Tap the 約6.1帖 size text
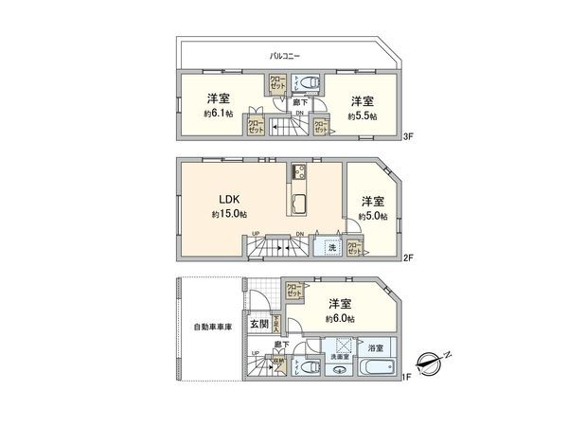point(218,115)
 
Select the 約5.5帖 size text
point(361,115)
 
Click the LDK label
point(230,199)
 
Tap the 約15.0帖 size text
point(230,215)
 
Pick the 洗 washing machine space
point(331,247)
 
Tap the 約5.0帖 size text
point(373,216)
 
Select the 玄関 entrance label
point(257,324)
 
